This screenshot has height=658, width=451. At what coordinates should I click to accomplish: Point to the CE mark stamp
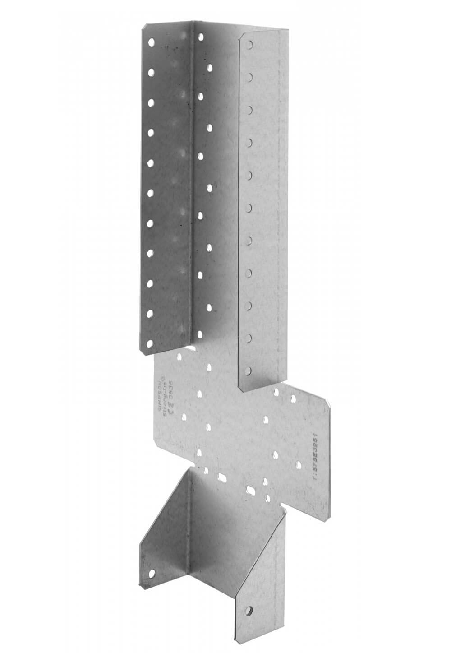pos(173,392)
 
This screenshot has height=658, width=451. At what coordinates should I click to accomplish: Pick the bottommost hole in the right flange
pos(248,373)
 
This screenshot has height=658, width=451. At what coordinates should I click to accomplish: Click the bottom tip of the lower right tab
pos(235,640)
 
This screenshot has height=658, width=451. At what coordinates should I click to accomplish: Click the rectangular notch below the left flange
pos(189,349)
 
